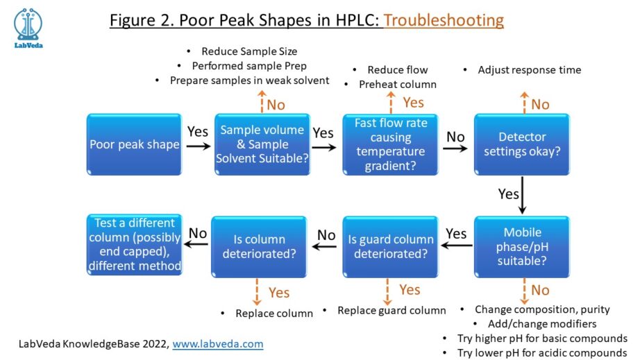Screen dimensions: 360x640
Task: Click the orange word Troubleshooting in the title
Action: (444, 20)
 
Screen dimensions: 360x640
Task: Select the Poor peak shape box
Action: (134, 145)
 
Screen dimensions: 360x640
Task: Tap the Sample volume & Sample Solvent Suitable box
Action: (262, 144)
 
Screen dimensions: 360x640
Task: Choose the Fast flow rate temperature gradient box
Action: (390, 144)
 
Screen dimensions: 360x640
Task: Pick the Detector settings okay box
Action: (522, 144)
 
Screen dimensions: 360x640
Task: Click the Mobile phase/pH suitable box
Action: (522, 246)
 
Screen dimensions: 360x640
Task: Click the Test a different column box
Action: (134, 245)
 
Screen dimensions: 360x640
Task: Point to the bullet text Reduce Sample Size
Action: (249, 51)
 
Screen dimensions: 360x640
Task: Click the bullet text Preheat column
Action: (398, 85)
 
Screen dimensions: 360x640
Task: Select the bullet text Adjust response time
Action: (529, 70)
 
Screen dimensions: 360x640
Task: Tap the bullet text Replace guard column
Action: (391, 310)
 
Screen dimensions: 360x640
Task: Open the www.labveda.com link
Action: (217, 343)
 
